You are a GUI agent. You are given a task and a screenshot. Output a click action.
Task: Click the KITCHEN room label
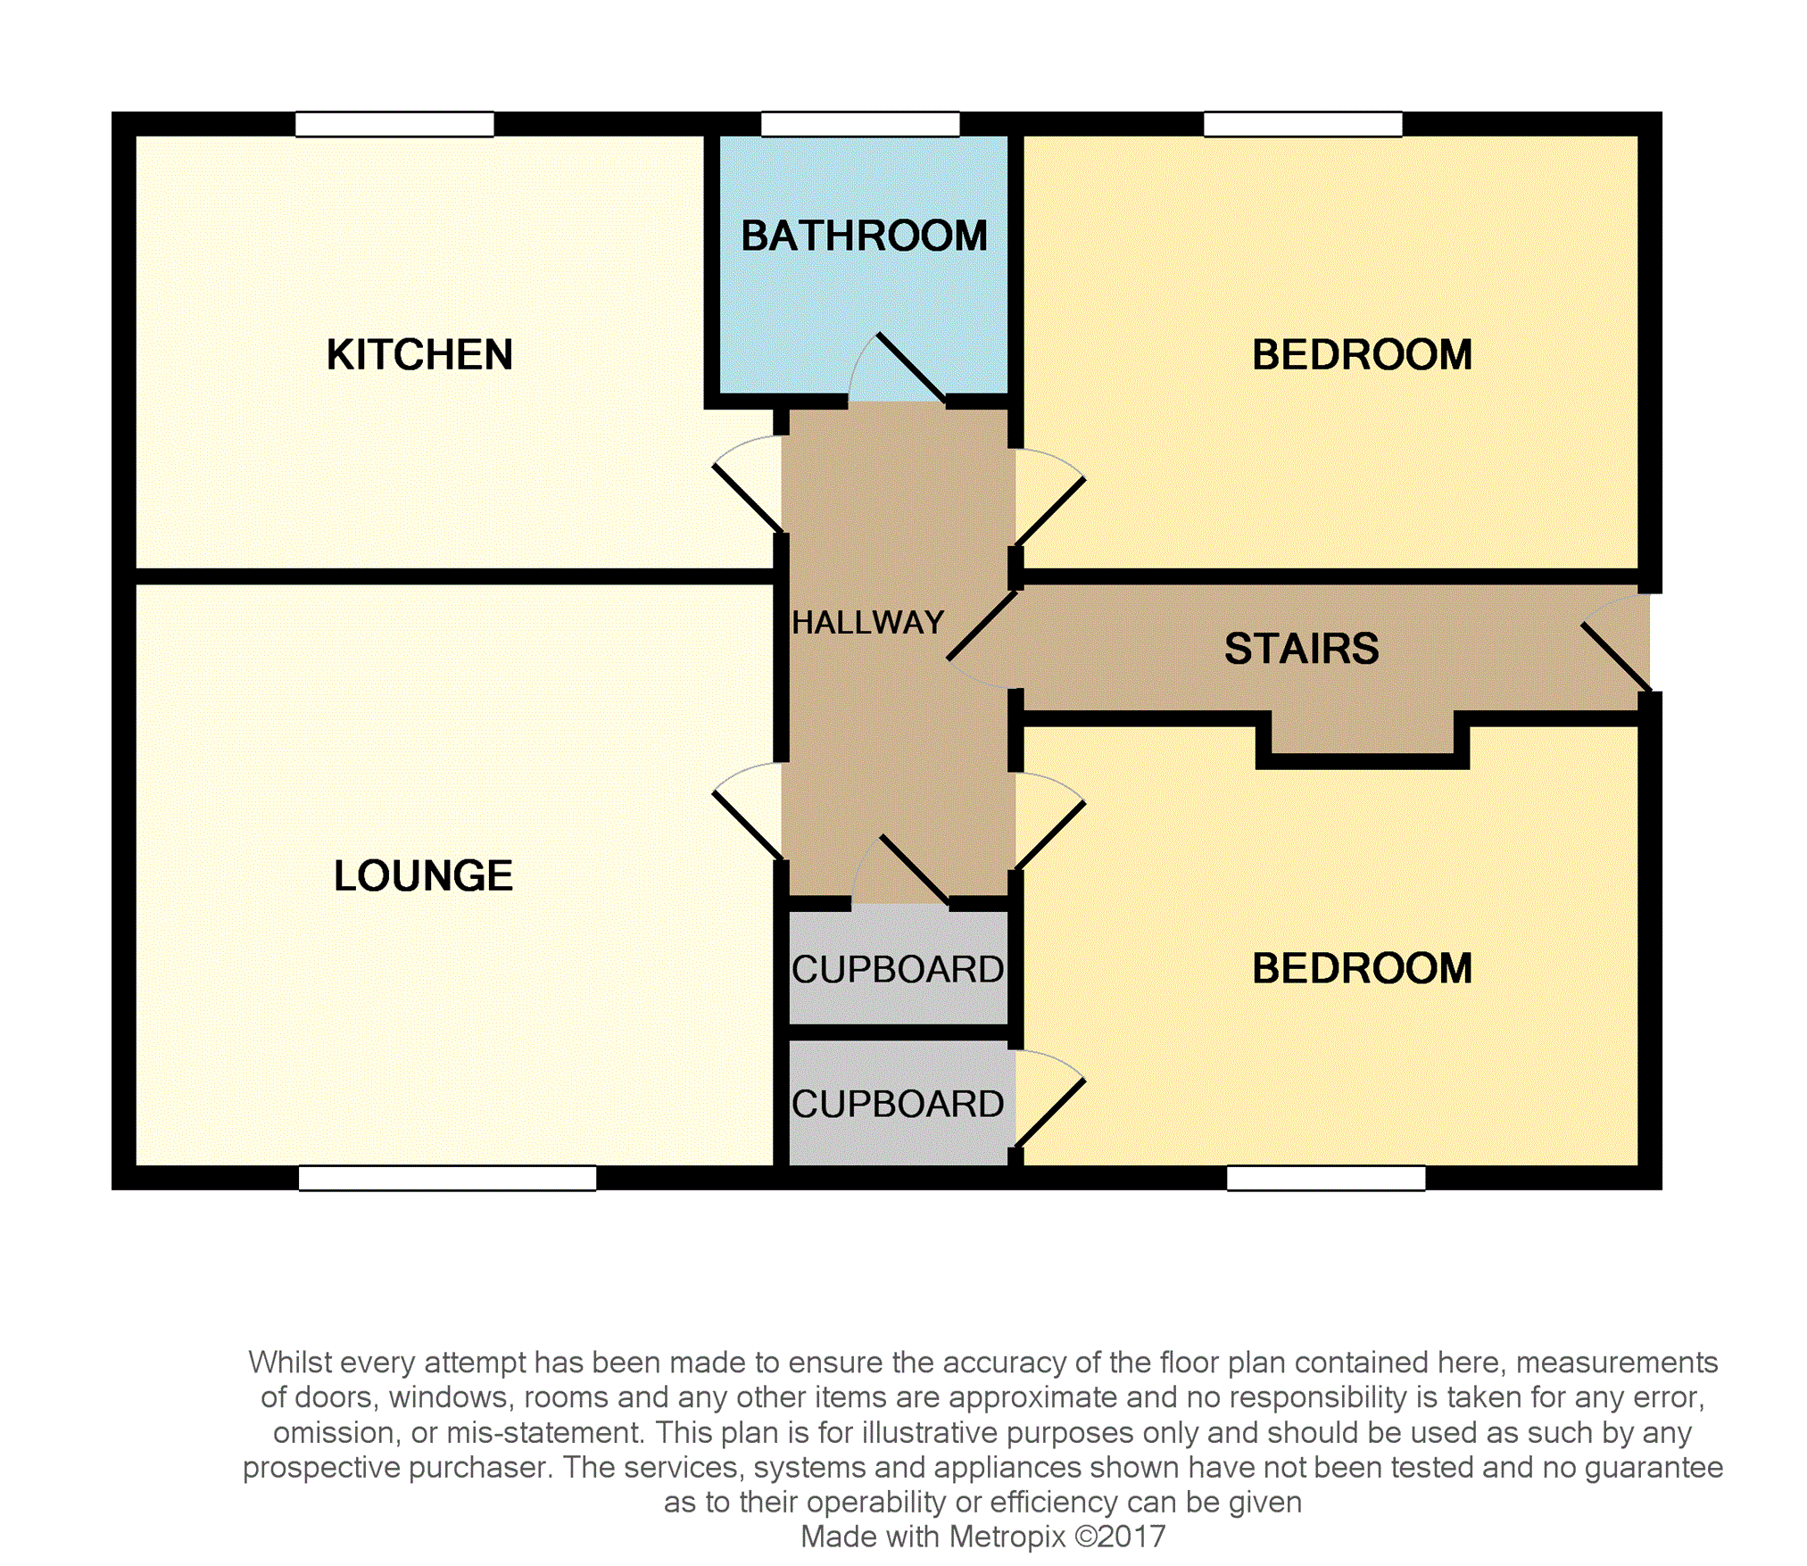[419, 355]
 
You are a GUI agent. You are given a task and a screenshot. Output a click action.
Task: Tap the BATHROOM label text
[864, 236]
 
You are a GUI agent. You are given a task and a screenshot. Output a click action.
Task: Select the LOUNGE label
[423, 875]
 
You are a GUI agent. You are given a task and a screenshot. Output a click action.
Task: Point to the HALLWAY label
[867, 623]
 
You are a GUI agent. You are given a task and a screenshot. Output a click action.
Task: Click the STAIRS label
[1301, 649]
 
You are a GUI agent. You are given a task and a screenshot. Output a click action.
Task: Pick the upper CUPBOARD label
[897, 970]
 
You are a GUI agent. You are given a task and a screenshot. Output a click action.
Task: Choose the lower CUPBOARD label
[897, 1105]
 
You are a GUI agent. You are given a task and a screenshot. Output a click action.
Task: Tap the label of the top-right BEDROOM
[1362, 355]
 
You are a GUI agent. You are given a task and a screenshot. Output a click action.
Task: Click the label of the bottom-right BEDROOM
[1362, 969]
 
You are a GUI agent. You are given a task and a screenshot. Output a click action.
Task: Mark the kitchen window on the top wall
[394, 124]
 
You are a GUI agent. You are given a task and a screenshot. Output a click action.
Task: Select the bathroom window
[860, 124]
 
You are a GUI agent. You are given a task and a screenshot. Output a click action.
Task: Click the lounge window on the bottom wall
[447, 1178]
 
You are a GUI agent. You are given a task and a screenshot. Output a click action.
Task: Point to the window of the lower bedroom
[1326, 1178]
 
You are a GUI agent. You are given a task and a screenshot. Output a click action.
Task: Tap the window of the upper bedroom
[1303, 124]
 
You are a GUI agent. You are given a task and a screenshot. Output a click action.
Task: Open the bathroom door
[910, 368]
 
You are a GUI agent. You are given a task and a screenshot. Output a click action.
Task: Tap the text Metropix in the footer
[1007, 1537]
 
